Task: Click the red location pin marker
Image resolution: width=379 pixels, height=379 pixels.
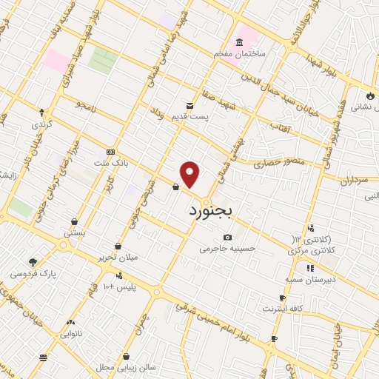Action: (x=190, y=175)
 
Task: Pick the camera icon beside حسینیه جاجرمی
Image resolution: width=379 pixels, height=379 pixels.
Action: (x=227, y=237)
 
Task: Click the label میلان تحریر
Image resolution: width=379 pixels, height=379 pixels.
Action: (x=99, y=258)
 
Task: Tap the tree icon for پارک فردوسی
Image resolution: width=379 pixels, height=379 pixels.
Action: (x=33, y=261)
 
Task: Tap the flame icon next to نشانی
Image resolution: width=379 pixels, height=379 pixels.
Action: (x=370, y=95)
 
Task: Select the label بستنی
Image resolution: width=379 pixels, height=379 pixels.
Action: (x=74, y=232)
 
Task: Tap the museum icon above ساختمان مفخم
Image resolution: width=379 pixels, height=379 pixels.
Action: (x=239, y=41)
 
